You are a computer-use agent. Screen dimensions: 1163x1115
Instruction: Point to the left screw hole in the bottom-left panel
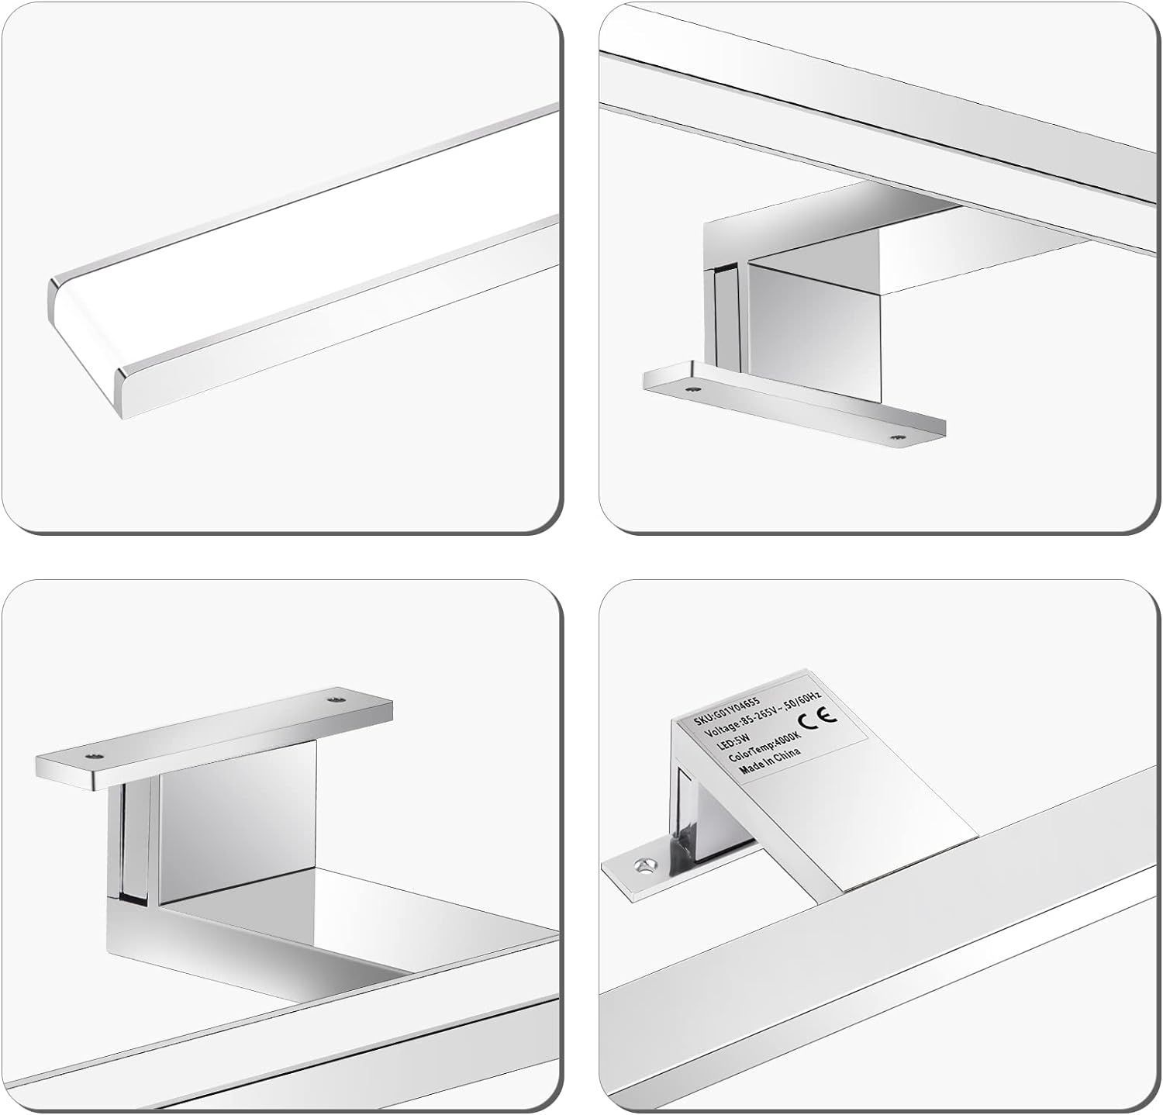94,755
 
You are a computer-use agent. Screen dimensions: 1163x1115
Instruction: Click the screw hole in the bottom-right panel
641,862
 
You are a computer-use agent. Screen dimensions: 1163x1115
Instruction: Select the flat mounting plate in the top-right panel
795,403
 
